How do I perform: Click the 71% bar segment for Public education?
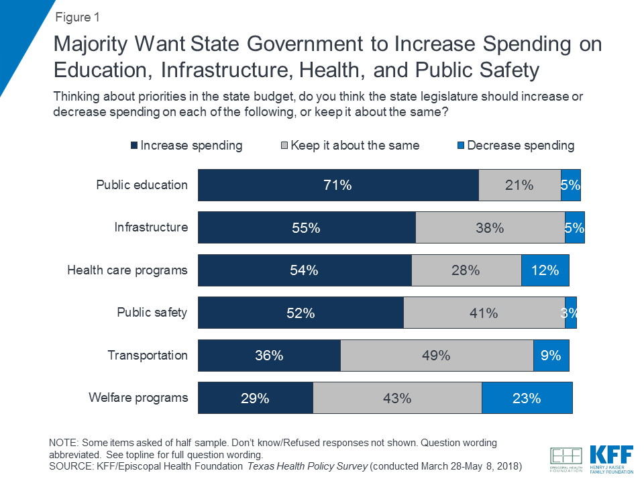click(338, 185)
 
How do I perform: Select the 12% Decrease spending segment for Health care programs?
click(545, 270)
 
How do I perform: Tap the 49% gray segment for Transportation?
click(437, 356)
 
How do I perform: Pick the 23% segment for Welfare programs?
click(527, 398)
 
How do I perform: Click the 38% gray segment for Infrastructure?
click(490, 227)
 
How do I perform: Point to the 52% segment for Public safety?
click(301, 313)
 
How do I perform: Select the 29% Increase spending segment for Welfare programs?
click(255, 398)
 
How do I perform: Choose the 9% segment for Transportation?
click(551, 356)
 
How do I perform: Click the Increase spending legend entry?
click(186, 146)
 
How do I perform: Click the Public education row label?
click(142, 184)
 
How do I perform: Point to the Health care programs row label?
click(127, 270)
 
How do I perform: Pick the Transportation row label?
click(148, 355)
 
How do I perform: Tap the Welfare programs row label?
click(138, 398)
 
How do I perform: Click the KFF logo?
click(611, 455)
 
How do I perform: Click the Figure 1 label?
click(78, 16)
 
